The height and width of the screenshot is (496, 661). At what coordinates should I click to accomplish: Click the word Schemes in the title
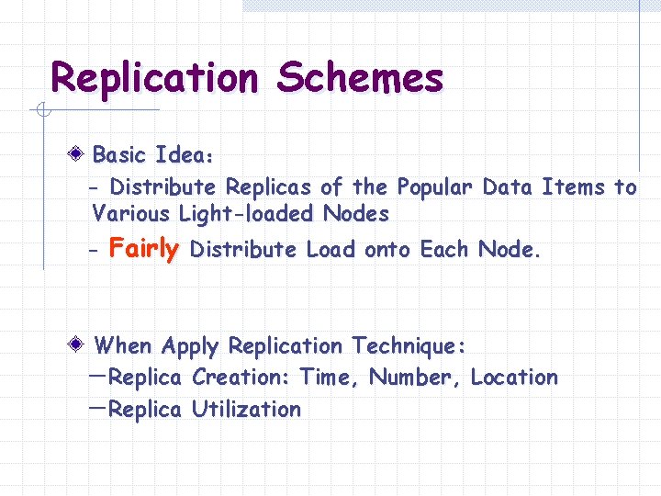click(x=361, y=79)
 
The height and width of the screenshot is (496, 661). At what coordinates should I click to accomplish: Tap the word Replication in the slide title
click(x=155, y=79)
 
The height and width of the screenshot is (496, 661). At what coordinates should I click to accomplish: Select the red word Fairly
click(x=143, y=249)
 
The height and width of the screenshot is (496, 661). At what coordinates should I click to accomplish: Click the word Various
click(x=131, y=215)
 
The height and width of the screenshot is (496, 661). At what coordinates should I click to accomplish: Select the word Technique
click(x=408, y=346)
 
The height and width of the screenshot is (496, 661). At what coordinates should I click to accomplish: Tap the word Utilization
click(x=246, y=410)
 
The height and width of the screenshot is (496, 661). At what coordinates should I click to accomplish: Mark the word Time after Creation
click(x=330, y=378)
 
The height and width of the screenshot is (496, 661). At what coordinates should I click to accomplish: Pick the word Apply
click(x=190, y=347)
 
